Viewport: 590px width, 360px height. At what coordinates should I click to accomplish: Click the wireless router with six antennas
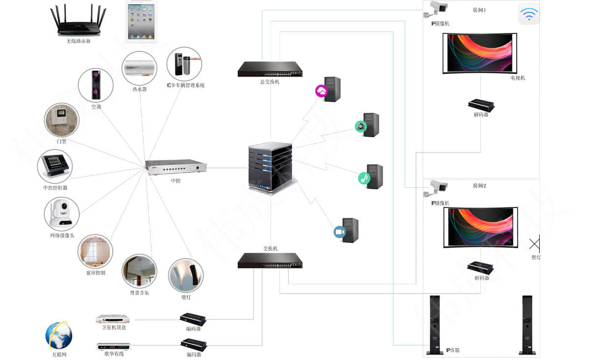[79, 22]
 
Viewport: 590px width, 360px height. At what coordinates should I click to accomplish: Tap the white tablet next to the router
[141, 21]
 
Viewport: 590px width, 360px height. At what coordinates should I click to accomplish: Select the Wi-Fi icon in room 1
[529, 14]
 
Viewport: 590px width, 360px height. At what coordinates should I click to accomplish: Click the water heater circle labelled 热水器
[139, 68]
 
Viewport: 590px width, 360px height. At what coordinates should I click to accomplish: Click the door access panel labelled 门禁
[61, 120]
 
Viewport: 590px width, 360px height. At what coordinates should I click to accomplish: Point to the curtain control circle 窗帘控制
[95, 251]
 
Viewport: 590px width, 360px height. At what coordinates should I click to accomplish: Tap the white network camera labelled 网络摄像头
[61, 214]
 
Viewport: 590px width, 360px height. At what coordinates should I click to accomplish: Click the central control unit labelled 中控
[176, 167]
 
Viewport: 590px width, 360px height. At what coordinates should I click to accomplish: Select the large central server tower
[269, 167]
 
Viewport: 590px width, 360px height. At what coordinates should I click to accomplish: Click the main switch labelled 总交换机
[270, 69]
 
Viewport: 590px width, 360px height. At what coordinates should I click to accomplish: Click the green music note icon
[364, 178]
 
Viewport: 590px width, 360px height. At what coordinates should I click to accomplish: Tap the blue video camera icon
[340, 232]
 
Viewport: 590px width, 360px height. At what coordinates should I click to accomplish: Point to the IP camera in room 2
[437, 188]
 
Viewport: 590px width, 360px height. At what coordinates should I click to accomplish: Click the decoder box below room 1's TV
[481, 105]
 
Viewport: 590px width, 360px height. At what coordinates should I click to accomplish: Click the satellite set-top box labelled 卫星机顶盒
[112, 319]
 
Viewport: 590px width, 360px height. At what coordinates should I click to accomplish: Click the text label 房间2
[479, 186]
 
